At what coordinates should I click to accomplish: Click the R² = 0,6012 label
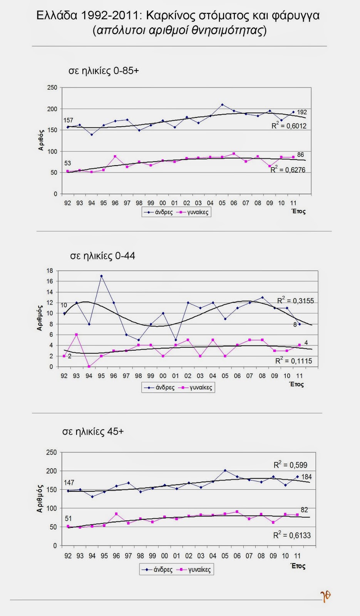[x=289, y=126]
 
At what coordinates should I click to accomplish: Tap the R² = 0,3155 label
[x=295, y=300]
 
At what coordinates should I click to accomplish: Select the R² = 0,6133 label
[x=292, y=535]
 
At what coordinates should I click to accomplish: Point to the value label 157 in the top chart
[x=68, y=121]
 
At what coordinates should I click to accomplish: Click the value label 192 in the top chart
[x=302, y=112]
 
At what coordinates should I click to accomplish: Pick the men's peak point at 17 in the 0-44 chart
[x=101, y=276]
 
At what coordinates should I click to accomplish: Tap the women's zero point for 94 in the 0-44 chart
[x=89, y=367]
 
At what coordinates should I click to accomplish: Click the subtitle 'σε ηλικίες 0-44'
[x=102, y=256]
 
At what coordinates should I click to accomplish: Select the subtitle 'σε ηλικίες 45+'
[x=93, y=432]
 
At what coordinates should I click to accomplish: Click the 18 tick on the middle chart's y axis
[x=49, y=271]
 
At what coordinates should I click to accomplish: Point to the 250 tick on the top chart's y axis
[x=52, y=88]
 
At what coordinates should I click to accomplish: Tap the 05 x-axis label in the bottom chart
[x=225, y=556]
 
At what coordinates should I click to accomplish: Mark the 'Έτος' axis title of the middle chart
[x=297, y=384]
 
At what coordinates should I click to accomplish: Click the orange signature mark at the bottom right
[x=326, y=596]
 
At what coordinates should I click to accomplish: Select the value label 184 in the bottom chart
[x=306, y=477]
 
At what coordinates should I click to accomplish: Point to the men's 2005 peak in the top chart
[x=222, y=105]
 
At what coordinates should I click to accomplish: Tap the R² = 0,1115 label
[x=293, y=361]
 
